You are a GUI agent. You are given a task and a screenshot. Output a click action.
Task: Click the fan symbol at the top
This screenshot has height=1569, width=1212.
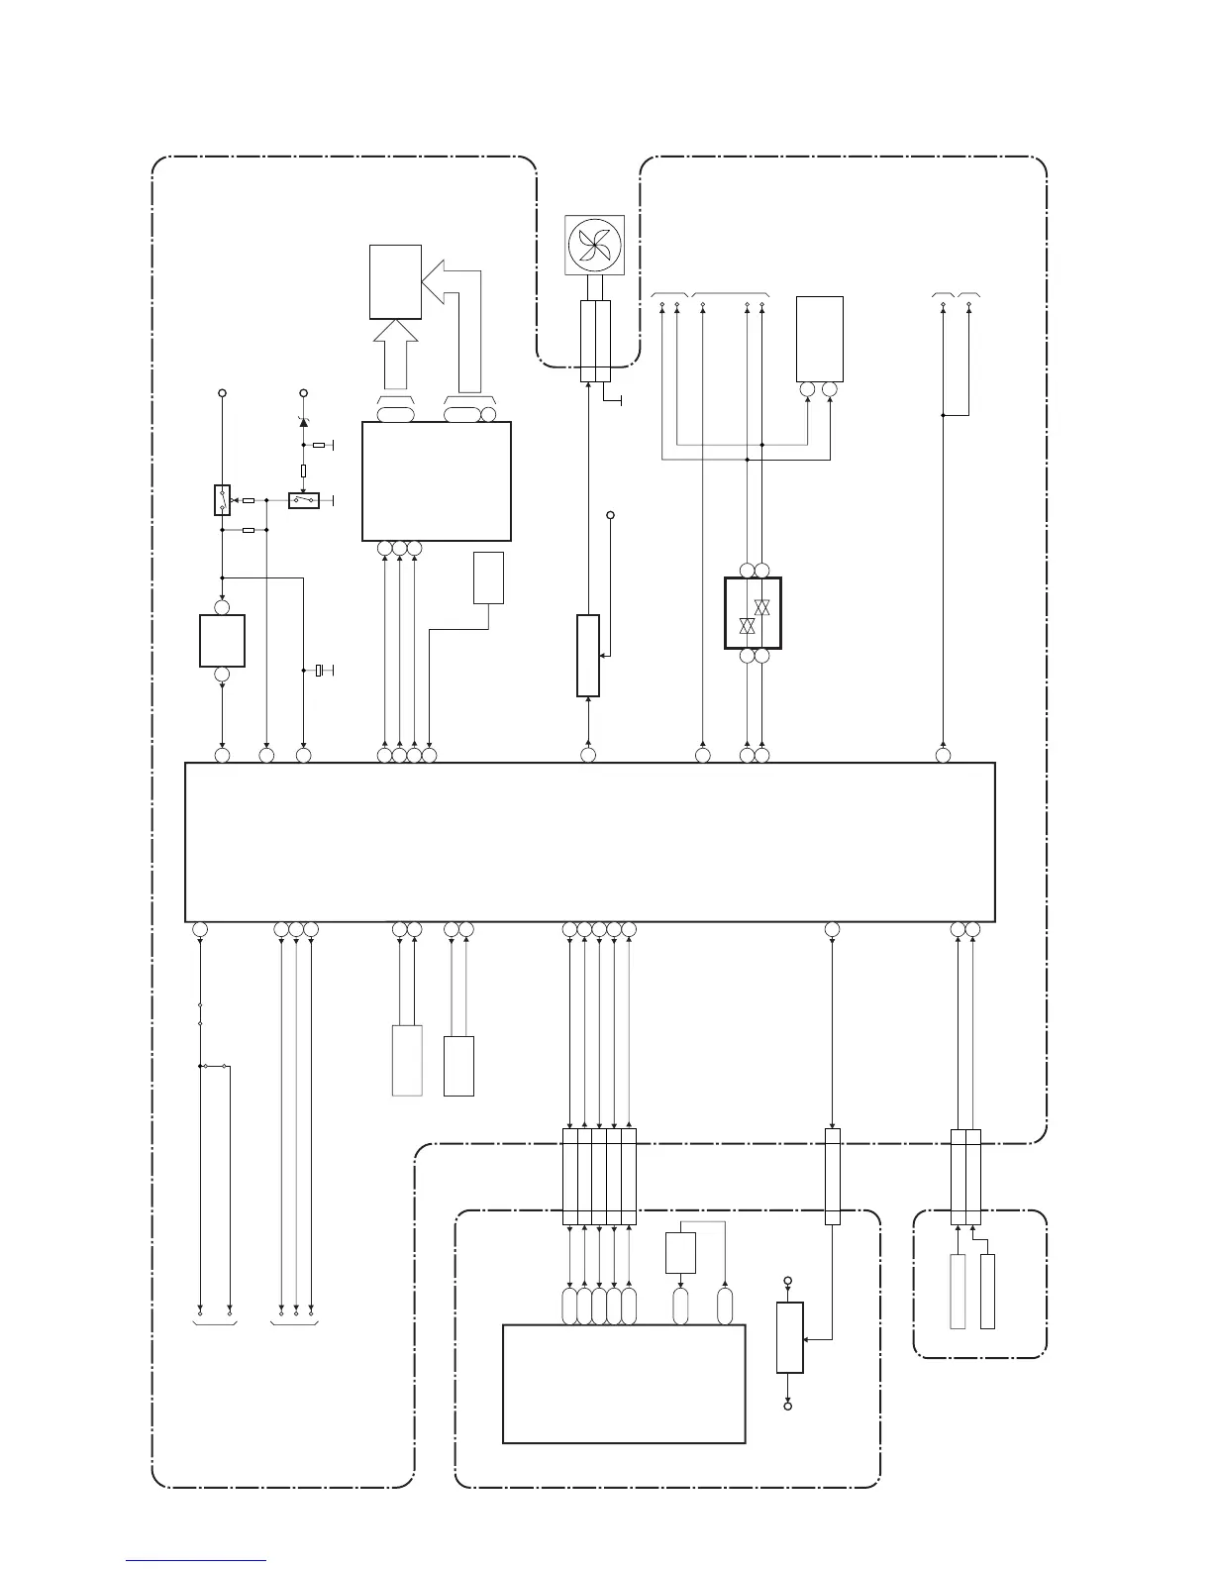pyautogui.click(x=595, y=245)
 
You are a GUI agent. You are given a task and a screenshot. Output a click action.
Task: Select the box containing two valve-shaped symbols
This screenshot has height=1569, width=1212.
pyautogui.click(x=754, y=613)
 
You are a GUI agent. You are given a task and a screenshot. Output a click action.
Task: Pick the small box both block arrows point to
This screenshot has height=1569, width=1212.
pyautogui.click(x=395, y=281)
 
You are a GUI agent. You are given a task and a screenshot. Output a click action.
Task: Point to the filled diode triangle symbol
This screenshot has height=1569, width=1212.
pyautogui.click(x=303, y=422)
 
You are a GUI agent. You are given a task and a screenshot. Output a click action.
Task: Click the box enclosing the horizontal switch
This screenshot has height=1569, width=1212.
pyautogui.click(x=303, y=501)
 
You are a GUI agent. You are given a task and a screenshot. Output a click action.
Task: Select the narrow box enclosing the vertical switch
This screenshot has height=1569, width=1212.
pyautogui.click(x=223, y=500)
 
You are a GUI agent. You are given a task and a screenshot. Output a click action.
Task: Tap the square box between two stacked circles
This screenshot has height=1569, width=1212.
pyautogui.click(x=222, y=640)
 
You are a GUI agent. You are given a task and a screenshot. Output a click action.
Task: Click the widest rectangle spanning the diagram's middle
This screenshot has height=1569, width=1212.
pyautogui.click(x=590, y=842)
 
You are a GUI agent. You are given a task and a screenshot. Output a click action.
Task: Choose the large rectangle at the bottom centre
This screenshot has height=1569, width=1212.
pyautogui.click(x=624, y=1384)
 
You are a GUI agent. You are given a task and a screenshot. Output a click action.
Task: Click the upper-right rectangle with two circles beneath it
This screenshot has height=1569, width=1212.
pyautogui.click(x=820, y=338)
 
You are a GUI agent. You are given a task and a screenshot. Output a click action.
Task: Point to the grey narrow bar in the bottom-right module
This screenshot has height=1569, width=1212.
pyautogui.click(x=958, y=1291)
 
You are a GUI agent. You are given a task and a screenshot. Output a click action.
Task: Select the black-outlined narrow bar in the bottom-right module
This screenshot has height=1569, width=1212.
pyautogui.click(x=987, y=1291)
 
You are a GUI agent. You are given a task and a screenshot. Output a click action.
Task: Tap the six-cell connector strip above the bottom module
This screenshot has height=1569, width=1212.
pyautogui.click(x=599, y=1176)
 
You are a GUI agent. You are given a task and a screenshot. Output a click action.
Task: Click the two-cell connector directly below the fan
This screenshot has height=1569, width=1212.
pyautogui.click(x=595, y=341)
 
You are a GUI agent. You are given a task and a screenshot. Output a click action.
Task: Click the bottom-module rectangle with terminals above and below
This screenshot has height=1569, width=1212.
pyautogui.click(x=789, y=1337)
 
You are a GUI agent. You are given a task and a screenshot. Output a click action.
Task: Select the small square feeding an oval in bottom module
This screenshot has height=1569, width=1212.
pyautogui.click(x=680, y=1252)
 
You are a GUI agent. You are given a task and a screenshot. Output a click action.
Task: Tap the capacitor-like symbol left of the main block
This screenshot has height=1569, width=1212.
pyautogui.click(x=319, y=672)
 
